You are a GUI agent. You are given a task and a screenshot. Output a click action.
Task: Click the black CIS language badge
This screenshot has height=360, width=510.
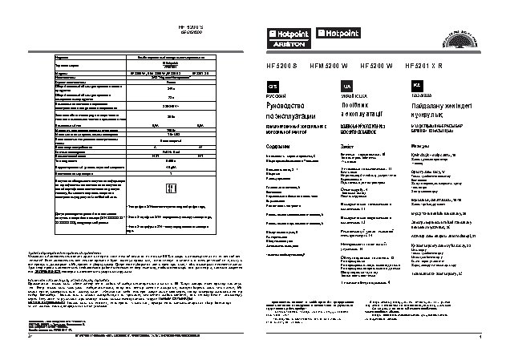[x=272, y=86]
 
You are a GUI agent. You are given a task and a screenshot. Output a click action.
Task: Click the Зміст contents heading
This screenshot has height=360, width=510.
[x=347, y=147]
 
